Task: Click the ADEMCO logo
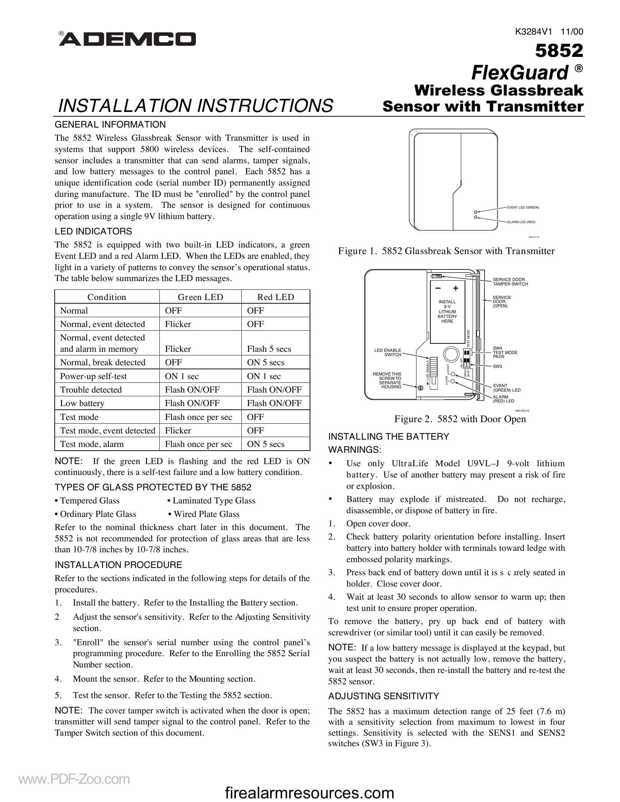(127, 39)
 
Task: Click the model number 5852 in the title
(559, 51)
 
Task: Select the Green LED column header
(200, 297)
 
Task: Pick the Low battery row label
(82, 403)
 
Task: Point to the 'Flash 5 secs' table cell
(269, 349)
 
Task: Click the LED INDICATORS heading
(93, 231)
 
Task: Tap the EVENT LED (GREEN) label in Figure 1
(523, 207)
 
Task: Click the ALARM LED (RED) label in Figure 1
(521, 222)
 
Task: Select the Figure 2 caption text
(460, 419)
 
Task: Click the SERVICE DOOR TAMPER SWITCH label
(510, 282)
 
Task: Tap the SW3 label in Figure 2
(497, 366)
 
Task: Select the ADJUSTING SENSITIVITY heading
(383, 696)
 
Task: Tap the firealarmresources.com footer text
(309, 793)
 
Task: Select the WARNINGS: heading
(354, 450)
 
